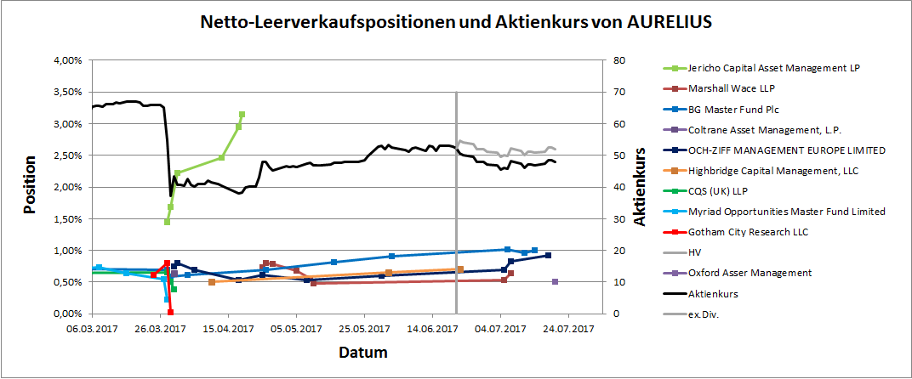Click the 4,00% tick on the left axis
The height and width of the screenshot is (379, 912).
[67, 60]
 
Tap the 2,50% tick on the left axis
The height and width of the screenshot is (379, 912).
[67, 156]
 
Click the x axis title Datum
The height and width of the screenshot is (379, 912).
[363, 352]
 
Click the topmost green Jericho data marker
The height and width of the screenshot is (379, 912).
[242, 114]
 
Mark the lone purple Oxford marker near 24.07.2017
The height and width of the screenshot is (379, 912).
[555, 281]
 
